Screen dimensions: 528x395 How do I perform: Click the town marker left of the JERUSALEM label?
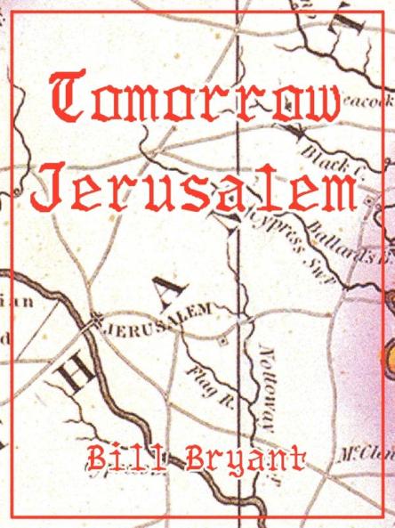94,327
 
